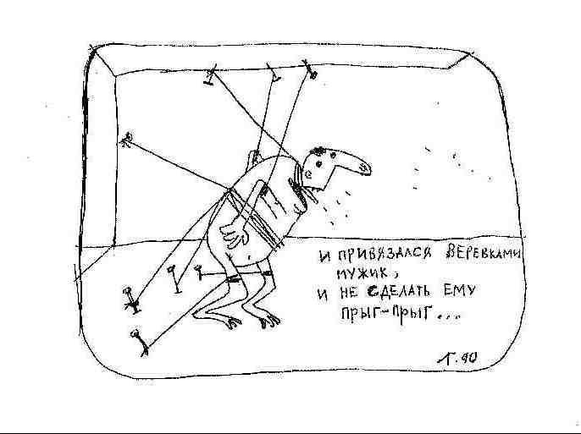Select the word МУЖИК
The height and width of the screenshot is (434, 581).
(364, 274)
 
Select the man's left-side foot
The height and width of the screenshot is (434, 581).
(222, 320)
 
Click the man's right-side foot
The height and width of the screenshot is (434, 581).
(269, 320)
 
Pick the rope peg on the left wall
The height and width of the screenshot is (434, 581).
(127, 138)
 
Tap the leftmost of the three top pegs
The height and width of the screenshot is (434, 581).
(208, 79)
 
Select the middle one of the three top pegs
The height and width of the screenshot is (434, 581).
(274, 76)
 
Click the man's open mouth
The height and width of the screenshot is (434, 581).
(313, 181)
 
